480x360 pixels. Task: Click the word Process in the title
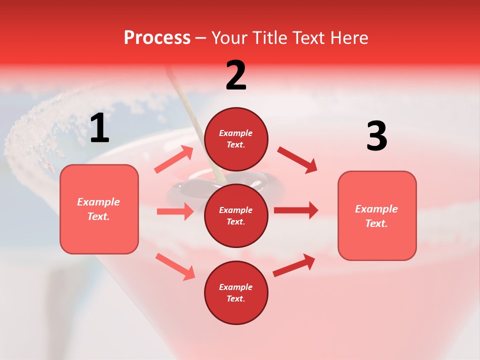pyautogui.click(x=157, y=37)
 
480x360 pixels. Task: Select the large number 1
pyautogui.click(x=99, y=128)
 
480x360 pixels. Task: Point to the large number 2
pyautogui.click(x=236, y=75)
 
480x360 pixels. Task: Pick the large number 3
pyautogui.click(x=376, y=136)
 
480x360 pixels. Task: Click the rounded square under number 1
pyautogui.click(x=99, y=209)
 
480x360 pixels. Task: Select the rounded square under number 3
pyautogui.click(x=377, y=215)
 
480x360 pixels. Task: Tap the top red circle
pyautogui.click(x=236, y=139)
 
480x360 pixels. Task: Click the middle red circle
pyautogui.click(x=236, y=215)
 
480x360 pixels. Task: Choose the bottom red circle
pyautogui.click(x=236, y=292)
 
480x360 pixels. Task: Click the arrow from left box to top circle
pyautogui.click(x=174, y=159)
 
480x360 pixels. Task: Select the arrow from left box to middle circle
pyautogui.click(x=175, y=211)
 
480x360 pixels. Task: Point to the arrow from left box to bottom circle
pyautogui.click(x=175, y=266)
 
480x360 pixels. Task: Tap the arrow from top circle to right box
pyautogui.click(x=297, y=160)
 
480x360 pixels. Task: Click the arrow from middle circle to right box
pyautogui.click(x=296, y=210)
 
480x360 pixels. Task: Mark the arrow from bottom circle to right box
pyautogui.click(x=294, y=265)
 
